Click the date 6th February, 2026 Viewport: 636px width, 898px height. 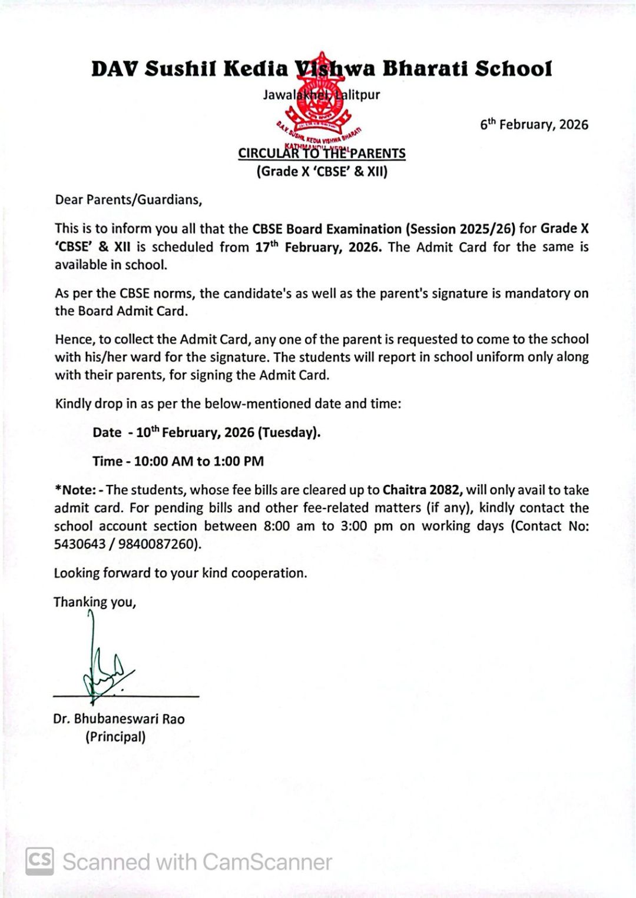pos(534,125)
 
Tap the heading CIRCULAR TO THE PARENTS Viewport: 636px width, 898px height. pos(322,154)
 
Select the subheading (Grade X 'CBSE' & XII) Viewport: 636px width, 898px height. pos(322,172)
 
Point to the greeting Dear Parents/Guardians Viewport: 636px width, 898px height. pos(128,200)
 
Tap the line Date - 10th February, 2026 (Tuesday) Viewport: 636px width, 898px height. pos(206,433)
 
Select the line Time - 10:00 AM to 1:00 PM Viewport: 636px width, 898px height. pos(178,461)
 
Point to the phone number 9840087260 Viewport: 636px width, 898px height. pos(158,544)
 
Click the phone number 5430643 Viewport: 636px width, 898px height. pos(80,544)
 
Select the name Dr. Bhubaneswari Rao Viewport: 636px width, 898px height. pos(119,719)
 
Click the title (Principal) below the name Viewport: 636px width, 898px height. pos(115,737)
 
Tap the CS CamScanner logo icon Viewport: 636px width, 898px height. pos(39,862)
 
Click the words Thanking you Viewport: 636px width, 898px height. pos(95,602)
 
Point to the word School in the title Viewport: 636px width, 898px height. pos(514,69)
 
